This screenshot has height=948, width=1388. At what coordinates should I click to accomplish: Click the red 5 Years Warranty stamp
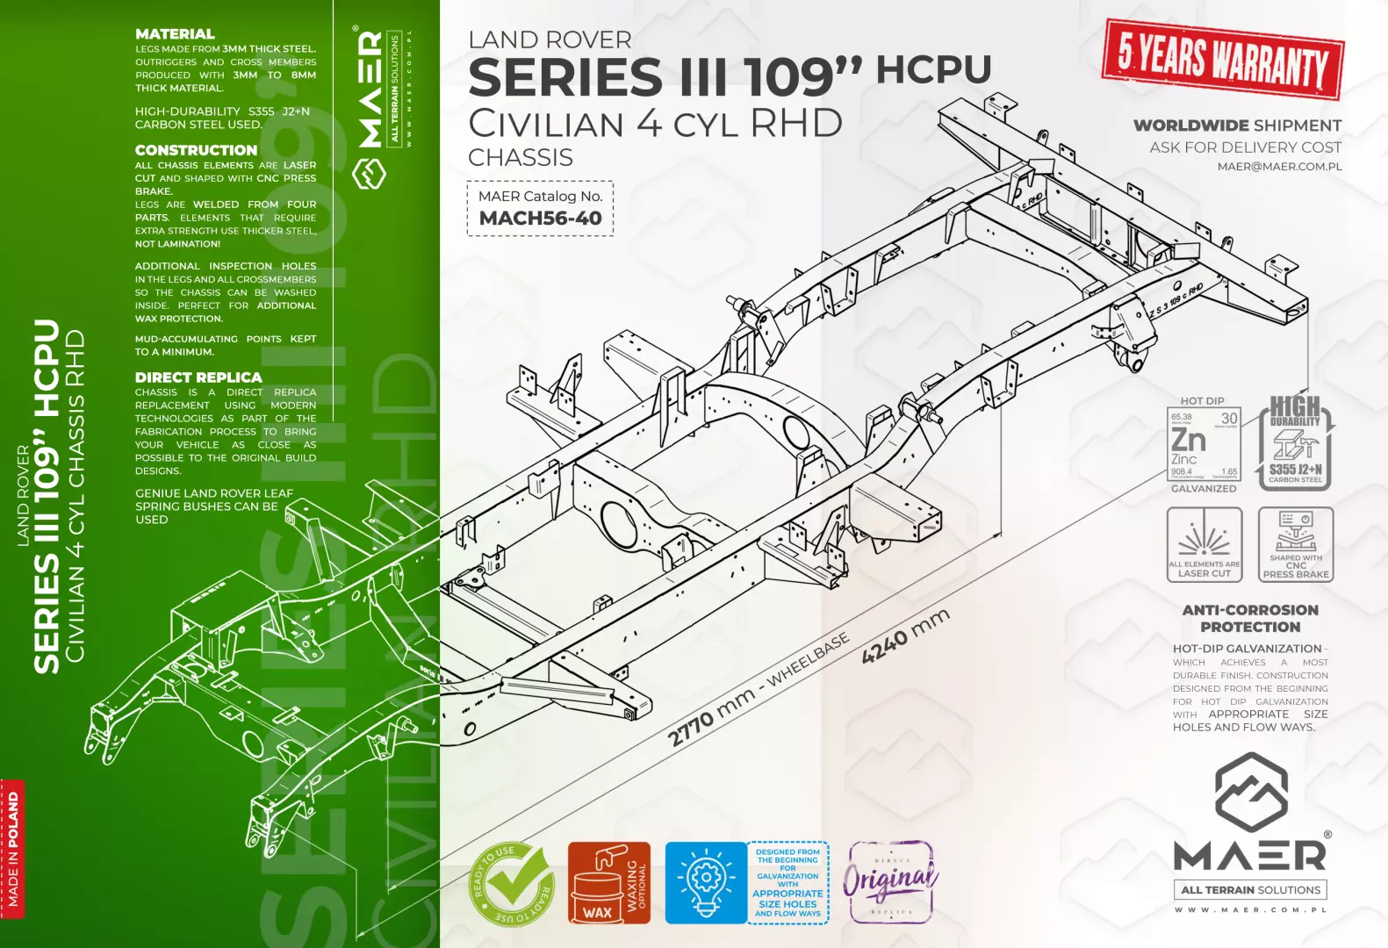point(1223,59)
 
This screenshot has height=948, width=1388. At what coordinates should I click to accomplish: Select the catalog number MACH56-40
point(540,218)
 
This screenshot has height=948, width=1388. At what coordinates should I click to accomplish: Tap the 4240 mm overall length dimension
point(905,636)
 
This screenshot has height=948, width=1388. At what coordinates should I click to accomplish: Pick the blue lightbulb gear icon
point(705,883)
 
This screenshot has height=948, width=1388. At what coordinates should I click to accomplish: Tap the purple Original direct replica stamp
point(891,882)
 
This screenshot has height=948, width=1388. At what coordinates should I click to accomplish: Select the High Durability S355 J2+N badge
point(1297,443)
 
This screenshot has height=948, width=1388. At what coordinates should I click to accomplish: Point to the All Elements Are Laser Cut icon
point(1205,545)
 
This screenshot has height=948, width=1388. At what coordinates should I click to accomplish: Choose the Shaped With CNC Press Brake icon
point(1296,545)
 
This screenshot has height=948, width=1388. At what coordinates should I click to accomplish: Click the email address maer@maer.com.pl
point(1279,167)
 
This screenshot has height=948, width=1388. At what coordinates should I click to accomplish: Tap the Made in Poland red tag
point(13,848)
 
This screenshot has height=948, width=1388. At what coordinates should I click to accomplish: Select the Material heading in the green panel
point(175,34)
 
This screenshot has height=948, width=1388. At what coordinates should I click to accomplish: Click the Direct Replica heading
point(198,377)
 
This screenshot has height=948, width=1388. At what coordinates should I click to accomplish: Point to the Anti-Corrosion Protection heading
point(1250,618)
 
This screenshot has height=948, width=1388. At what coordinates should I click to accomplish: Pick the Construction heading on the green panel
point(196,150)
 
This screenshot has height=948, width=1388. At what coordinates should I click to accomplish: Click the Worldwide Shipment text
point(1237,126)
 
